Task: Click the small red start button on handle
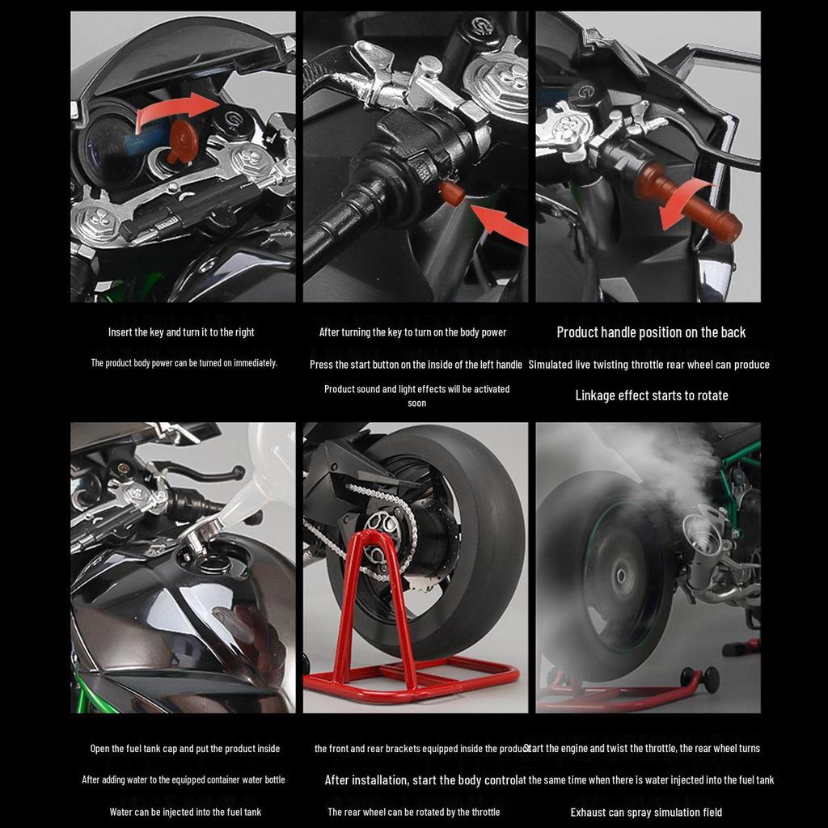451,193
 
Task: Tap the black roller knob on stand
710,679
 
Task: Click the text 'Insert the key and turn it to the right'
181,332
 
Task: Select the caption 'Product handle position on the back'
651,332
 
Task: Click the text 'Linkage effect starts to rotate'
651,395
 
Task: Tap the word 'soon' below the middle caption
416,403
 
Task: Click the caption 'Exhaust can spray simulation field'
646,812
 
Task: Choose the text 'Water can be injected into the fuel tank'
185,812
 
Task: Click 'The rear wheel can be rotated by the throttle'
413,812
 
